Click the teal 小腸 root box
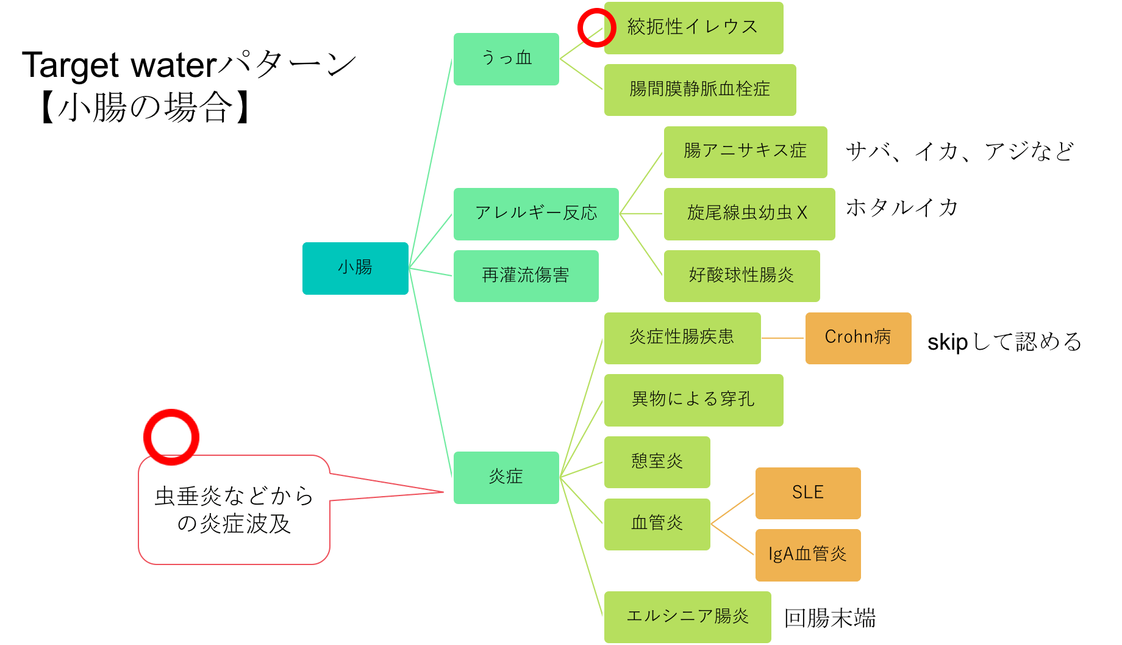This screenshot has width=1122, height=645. [355, 268]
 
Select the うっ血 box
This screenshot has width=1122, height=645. [506, 59]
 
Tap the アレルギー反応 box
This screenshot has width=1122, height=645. [536, 214]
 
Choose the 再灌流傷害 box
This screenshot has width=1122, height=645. [526, 276]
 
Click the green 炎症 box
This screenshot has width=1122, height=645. [506, 477]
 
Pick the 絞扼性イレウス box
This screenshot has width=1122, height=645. [693, 28]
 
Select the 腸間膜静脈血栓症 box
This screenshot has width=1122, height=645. [700, 90]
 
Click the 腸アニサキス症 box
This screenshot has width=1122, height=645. [745, 152]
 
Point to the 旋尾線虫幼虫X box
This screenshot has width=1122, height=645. [749, 214]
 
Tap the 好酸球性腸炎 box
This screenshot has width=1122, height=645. [741, 276]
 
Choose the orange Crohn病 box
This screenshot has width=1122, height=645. [858, 338]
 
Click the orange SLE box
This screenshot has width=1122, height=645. [808, 493]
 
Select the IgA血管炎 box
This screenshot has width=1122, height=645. [808, 555]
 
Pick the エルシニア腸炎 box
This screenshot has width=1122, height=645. [687, 617]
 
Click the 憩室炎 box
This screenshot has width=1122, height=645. [657, 462]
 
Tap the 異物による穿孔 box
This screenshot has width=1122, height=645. [693, 400]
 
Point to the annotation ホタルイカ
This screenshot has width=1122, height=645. [902, 208]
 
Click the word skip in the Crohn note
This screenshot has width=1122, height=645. [947, 342]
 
